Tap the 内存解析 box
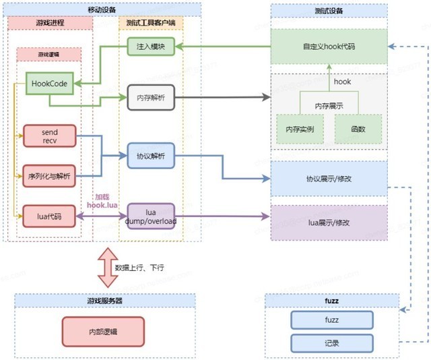150,98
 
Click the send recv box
50,135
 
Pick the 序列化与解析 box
50,175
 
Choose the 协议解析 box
150,156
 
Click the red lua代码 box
50,216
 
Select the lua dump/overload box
150,216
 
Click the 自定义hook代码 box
330,47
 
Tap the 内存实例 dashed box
300,128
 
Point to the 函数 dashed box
358,128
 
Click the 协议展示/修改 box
330,179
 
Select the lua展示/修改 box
330,222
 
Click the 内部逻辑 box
103,332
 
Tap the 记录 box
331,342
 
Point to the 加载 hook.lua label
102,199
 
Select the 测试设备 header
330,10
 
